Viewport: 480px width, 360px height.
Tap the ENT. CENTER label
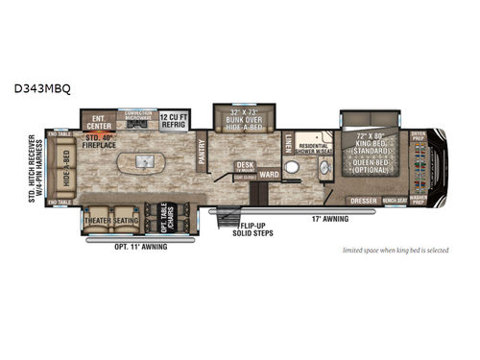(97, 123)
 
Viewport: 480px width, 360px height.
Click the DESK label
(246, 165)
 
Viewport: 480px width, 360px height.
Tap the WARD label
(269, 175)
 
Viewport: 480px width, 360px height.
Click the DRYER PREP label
(418, 135)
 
